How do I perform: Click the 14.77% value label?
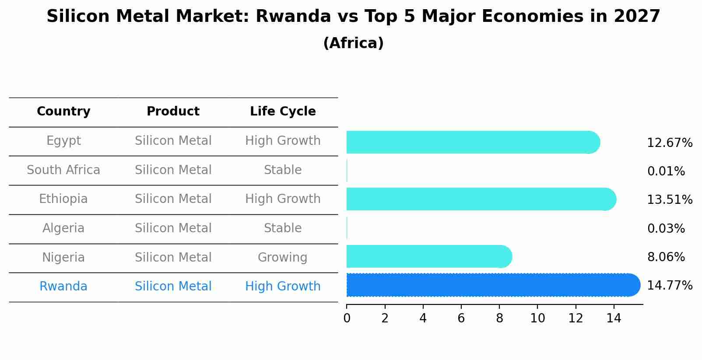(x=669, y=286)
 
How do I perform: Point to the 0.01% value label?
(x=666, y=171)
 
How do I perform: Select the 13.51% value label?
(x=669, y=200)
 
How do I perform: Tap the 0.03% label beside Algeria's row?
(x=666, y=228)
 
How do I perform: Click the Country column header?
(x=63, y=112)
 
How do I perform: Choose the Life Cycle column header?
(x=283, y=112)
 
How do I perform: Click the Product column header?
(x=173, y=112)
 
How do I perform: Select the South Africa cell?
(x=63, y=170)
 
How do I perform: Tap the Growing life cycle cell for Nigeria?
(x=282, y=257)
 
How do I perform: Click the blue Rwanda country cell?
(x=63, y=287)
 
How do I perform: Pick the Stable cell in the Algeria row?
(x=282, y=228)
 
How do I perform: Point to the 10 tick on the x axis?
(x=537, y=318)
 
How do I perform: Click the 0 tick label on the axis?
(x=347, y=318)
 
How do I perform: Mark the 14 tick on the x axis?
(x=614, y=318)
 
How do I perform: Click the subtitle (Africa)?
(x=353, y=43)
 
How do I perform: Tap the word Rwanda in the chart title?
(x=293, y=17)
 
